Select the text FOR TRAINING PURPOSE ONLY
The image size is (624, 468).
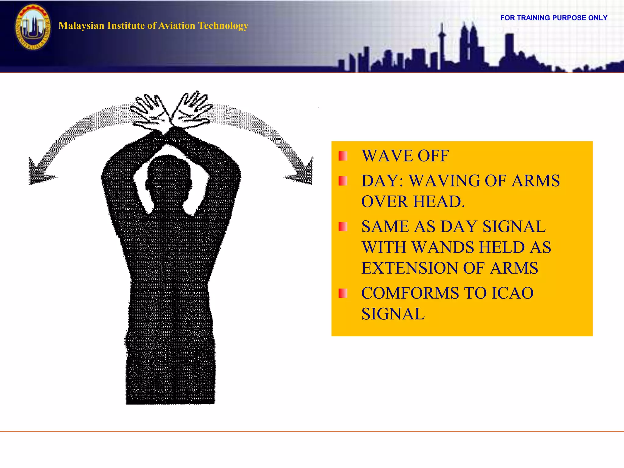coord(554,18)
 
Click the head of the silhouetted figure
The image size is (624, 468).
coord(169,180)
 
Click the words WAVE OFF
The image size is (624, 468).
coord(405,156)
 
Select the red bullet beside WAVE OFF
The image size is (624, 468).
coord(343,156)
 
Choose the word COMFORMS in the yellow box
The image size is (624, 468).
coord(410,293)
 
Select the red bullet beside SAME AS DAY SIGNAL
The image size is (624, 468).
coord(343,227)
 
